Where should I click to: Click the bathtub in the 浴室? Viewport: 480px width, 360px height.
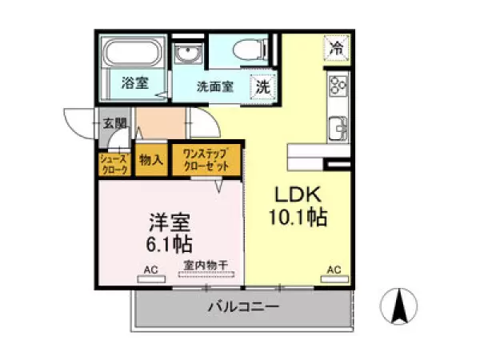click(133, 56)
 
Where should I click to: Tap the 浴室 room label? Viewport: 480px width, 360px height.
click(135, 82)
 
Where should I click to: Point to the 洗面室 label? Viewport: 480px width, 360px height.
click(215, 87)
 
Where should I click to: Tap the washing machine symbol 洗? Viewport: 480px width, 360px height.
click(262, 87)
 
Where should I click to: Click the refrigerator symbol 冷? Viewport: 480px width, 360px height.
click(337, 48)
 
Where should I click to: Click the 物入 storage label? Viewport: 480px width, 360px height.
click(150, 160)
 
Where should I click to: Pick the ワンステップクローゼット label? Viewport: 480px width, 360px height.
click(206, 160)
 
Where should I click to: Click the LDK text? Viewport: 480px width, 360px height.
click(298, 195)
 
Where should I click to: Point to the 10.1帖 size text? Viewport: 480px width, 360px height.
click(298, 218)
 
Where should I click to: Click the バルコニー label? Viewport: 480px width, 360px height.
click(243, 306)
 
